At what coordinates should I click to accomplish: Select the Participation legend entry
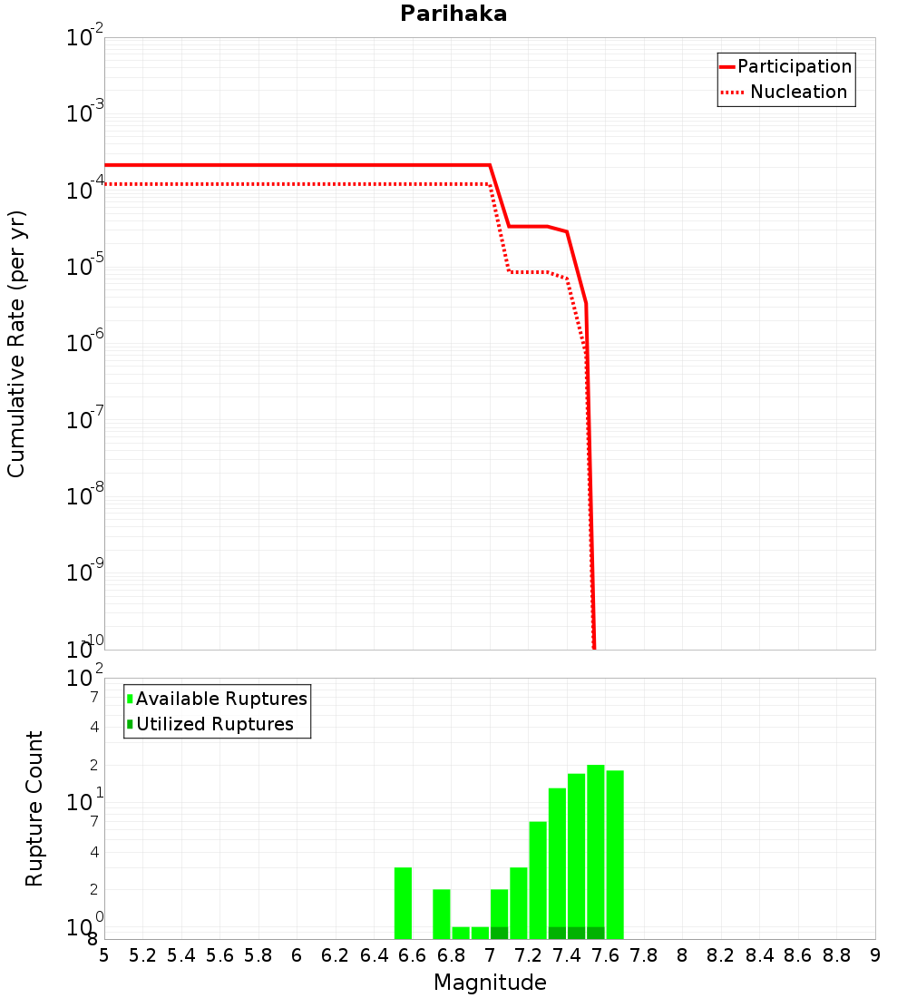(795, 66)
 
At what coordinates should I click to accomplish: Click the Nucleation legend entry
(798, 92)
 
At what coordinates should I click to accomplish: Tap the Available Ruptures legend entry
(221, 699)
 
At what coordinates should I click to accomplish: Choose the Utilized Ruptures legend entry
(215, 724)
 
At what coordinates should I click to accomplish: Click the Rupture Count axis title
(34, 808)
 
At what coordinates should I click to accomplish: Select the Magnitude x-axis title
(490, 983)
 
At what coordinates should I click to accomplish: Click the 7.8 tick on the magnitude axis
(644, 955)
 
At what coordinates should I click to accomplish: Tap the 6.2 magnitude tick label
(336, 955)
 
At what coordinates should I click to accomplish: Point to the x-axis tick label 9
(875, 955)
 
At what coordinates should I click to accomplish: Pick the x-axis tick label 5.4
(181, 955)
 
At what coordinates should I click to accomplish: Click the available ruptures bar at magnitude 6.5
(404, 903)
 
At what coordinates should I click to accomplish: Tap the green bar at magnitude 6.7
(442, 914)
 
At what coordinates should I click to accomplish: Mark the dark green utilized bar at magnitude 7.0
(499, 933)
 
